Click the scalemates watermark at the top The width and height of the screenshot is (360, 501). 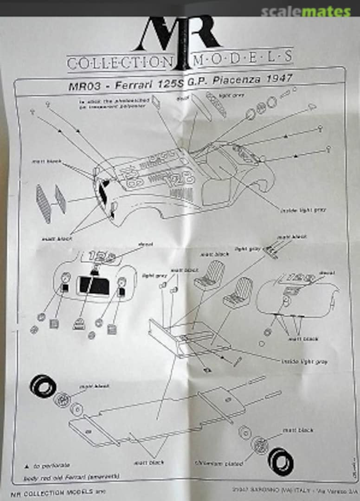pos(306,12)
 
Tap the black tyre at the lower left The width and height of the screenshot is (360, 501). pos(43,386)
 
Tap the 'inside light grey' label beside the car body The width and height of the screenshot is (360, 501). pos(303,210)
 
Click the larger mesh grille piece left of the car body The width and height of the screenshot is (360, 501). pos(44,204)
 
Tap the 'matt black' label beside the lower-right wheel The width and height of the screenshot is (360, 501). pos(298,430)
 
